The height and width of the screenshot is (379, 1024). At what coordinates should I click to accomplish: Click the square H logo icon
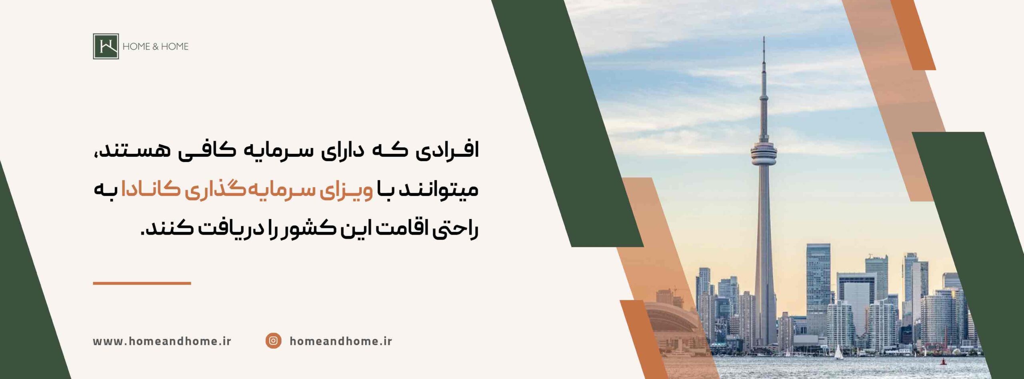click(106, 46)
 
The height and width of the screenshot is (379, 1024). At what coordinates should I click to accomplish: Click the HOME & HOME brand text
click(155, 46)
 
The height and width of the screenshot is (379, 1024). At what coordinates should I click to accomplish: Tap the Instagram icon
click(273, 341)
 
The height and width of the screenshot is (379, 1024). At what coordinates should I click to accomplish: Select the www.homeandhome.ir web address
click(162, 341)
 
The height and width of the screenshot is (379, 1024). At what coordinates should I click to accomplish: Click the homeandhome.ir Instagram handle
click(341, 341)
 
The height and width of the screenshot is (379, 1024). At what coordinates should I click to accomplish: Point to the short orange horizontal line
click(142, 283)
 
